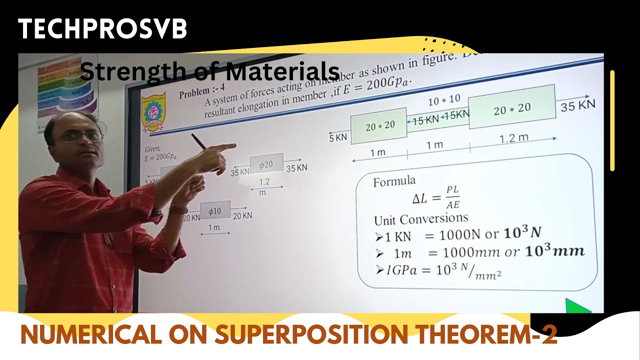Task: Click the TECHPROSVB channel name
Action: pyautogui.click(x=102, y=29)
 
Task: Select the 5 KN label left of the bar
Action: pyautogui.click(x=338, y=137)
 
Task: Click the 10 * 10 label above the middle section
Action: pyautogui.click(x=444, y=100)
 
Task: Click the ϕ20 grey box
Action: pyautogui.click(x=266, y=164)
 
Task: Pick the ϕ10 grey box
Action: pyautogui.click(x=215, y=211)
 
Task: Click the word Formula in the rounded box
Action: pyautogui.click(x=394, y=181)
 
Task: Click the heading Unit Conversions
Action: pyautogui.click(x=421, y=219)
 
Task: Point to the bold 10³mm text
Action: pyautogui.click(x=555, y=251)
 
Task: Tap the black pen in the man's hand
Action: pyautogui.click(x=198, y=141)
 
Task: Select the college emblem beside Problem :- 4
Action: pyautogui.click(x=153, y=111)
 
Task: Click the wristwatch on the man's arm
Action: pyautogui.click(x=177, y=209)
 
